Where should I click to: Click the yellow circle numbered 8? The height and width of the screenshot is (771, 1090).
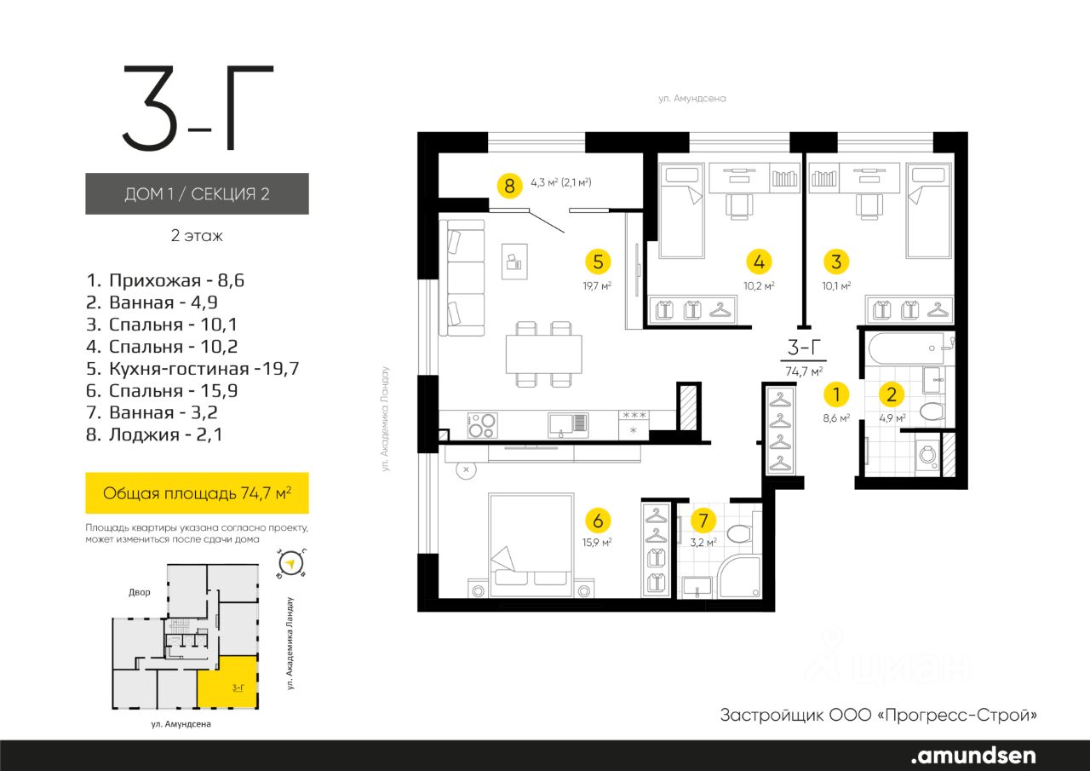point(509,186)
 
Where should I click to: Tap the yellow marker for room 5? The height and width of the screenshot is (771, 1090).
point(598,262)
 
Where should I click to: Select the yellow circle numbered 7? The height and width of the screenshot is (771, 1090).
point(703,521)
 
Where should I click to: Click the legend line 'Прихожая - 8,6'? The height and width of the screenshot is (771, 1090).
point(165,280)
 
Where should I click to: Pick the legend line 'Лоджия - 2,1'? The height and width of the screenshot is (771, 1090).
point(154,434)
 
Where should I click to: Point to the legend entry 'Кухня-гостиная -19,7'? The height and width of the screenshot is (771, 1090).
point(192,369)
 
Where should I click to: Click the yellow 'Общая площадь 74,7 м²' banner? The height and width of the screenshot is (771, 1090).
point(197,492)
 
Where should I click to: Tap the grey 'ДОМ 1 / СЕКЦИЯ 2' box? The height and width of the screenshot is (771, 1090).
point(197,193)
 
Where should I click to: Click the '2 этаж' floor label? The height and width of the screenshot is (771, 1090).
point(197,236)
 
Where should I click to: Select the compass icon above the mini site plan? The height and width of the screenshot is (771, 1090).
point(291,564)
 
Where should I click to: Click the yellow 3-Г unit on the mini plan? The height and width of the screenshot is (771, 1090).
point(227,682)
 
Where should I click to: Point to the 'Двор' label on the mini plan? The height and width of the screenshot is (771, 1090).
point(139,592)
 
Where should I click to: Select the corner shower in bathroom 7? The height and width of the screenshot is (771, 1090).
point(740,578)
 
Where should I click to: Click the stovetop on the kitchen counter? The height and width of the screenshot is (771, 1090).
point(482,426)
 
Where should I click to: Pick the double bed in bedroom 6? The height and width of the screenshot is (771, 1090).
point(531,545)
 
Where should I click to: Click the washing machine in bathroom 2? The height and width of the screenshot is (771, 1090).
point(928,457)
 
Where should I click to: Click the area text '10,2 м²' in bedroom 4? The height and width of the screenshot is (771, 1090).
point(759,286)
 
